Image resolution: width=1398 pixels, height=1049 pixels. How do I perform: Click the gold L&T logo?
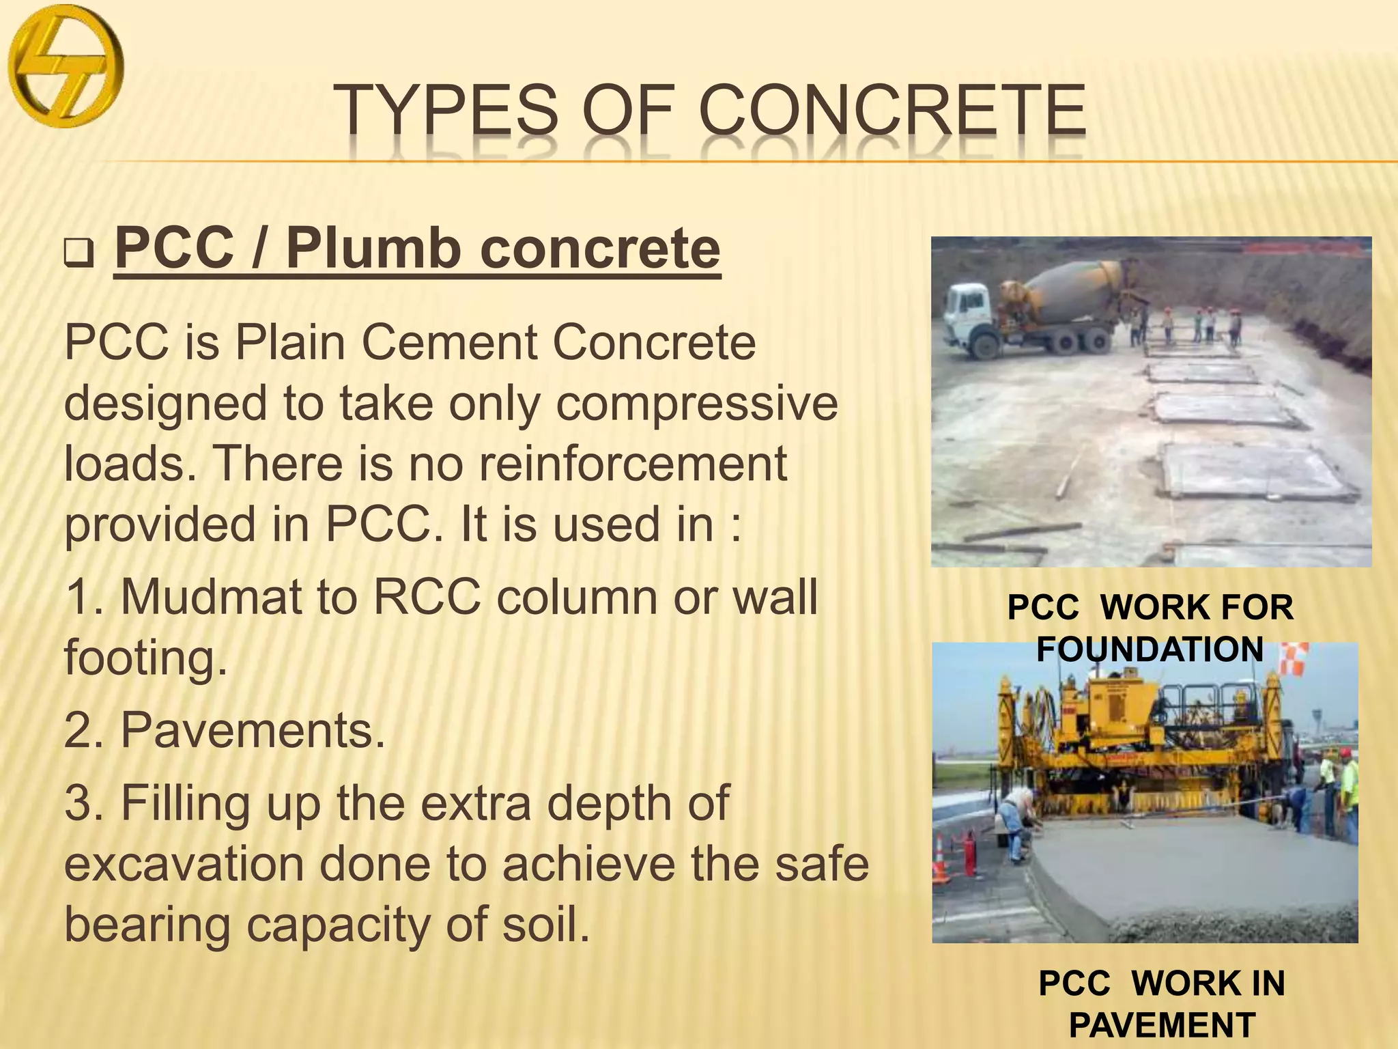point(66,67)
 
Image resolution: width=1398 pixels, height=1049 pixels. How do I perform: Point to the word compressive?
point(696,403)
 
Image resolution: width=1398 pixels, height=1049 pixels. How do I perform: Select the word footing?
point(145,657)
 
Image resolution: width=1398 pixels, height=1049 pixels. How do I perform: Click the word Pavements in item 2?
point(253,730)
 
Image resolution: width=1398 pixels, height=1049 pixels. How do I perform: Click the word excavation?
point(185,864)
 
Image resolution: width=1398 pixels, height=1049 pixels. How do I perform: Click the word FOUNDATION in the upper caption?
point(1150,649)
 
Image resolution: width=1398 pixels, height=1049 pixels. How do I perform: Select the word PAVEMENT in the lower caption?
point(1162,1025)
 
